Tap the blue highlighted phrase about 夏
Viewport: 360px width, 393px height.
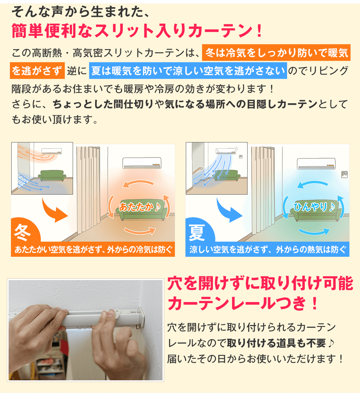(188, 71)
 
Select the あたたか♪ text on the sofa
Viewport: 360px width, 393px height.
(140, 207)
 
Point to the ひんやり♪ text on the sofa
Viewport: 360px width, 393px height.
(314, 207)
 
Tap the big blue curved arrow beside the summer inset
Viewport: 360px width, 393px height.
(229, 209)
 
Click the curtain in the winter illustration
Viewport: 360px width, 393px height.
(89, 192)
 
